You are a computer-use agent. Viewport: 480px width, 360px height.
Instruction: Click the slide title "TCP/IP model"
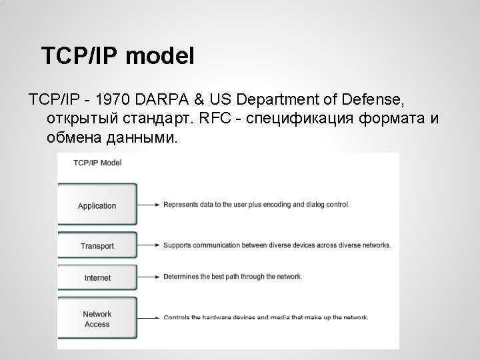pyautogui.click(x=117, y=56)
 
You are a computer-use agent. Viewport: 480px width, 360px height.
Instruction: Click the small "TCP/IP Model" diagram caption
pyautogui.click(x=97, y=162)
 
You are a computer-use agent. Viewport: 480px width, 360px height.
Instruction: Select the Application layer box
pyautogui.click(x=97, y=205)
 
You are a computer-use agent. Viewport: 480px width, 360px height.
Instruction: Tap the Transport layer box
pyautogui.click(x=97, y=246)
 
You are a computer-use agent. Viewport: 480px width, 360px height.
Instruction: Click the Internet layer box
pyautogui.click(x=97, y=277)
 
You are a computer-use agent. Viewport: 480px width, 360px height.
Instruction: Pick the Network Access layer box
pyautogui.click(x=97, y=319)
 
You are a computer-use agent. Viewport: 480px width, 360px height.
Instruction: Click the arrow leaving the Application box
pyautogui.click(x=149, y=205)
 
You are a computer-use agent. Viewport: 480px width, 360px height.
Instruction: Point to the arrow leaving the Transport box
pyautogui.click(x=149, y=245)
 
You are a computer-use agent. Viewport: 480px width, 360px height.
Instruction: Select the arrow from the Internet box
pyautogui.click(x=149, y=277)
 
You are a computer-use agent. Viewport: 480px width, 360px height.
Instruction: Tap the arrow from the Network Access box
pyautogui.click(x=149, y=317)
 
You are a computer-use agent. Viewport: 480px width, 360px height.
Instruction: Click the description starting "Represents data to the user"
pyautogui.click(x=256, y=205)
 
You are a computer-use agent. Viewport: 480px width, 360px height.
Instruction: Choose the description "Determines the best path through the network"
pyautogui.click(x=233, y=277)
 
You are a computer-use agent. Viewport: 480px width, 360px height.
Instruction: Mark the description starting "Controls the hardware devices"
pyautogui.click(x=266, y=317)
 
